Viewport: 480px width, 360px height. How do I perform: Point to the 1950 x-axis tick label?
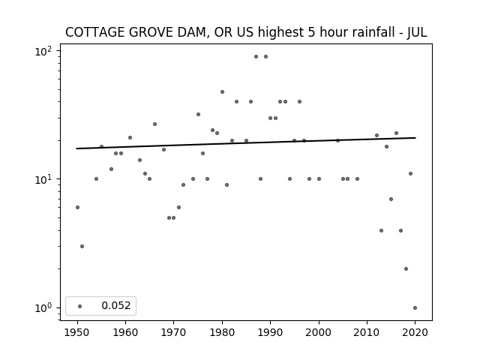tap(77, 332)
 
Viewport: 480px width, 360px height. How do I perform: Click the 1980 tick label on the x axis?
tap(222, 332)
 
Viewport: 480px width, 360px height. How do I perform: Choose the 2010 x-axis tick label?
tap(367, 332)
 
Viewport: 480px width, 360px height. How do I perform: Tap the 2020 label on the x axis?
tap(415, 332)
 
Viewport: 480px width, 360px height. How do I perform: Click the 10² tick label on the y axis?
tap(43, 51)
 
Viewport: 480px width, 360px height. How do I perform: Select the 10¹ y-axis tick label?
tap(43, 179)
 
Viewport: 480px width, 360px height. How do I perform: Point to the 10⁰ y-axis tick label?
tap(43, 307)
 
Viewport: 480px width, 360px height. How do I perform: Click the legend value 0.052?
tap(116, 305)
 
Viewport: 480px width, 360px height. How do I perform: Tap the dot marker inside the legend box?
tap(80, 306)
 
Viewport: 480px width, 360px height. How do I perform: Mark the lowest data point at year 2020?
tap(415, 308)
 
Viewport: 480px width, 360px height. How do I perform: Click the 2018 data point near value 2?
tap(406, 268)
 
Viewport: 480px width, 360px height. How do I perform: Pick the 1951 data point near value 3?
tap(82, 247)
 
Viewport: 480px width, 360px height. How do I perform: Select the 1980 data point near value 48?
tap(222, 91)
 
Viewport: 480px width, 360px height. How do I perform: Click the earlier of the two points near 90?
tap(256, 57)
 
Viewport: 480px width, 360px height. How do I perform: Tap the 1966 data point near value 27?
tap(155, 124)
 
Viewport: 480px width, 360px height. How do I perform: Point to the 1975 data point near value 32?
tap(198, 115)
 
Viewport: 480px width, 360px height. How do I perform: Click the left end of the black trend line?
tap(76, 148)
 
